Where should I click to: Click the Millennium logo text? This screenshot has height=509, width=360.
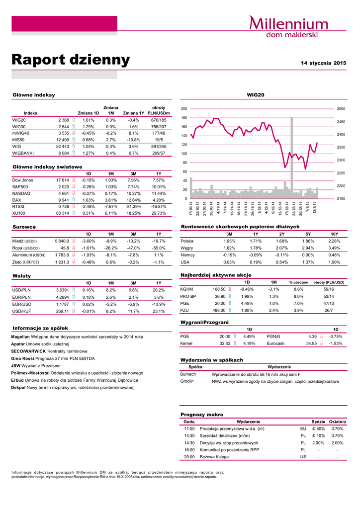(288, 23)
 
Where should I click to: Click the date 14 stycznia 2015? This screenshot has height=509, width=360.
(324, 63)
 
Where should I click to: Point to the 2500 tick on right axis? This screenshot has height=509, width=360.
(342, 108)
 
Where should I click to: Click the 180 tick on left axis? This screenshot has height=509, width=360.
(184, 118)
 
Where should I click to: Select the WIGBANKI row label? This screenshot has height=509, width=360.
(23, 154)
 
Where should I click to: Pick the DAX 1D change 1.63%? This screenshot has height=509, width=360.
(88, 200)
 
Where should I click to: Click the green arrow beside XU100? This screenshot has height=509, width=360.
(74, 213)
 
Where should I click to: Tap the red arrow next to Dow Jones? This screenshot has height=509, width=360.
(74, 180)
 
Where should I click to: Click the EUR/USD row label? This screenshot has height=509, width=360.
(22, 304)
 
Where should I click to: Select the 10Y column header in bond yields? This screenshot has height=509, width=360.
(334, 234)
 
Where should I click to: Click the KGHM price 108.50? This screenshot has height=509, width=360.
(219, 289)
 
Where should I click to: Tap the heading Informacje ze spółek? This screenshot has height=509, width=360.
(40, 328)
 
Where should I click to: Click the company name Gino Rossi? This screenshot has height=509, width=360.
(22, 358)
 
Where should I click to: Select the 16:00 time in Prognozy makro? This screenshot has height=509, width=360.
(189, 449)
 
